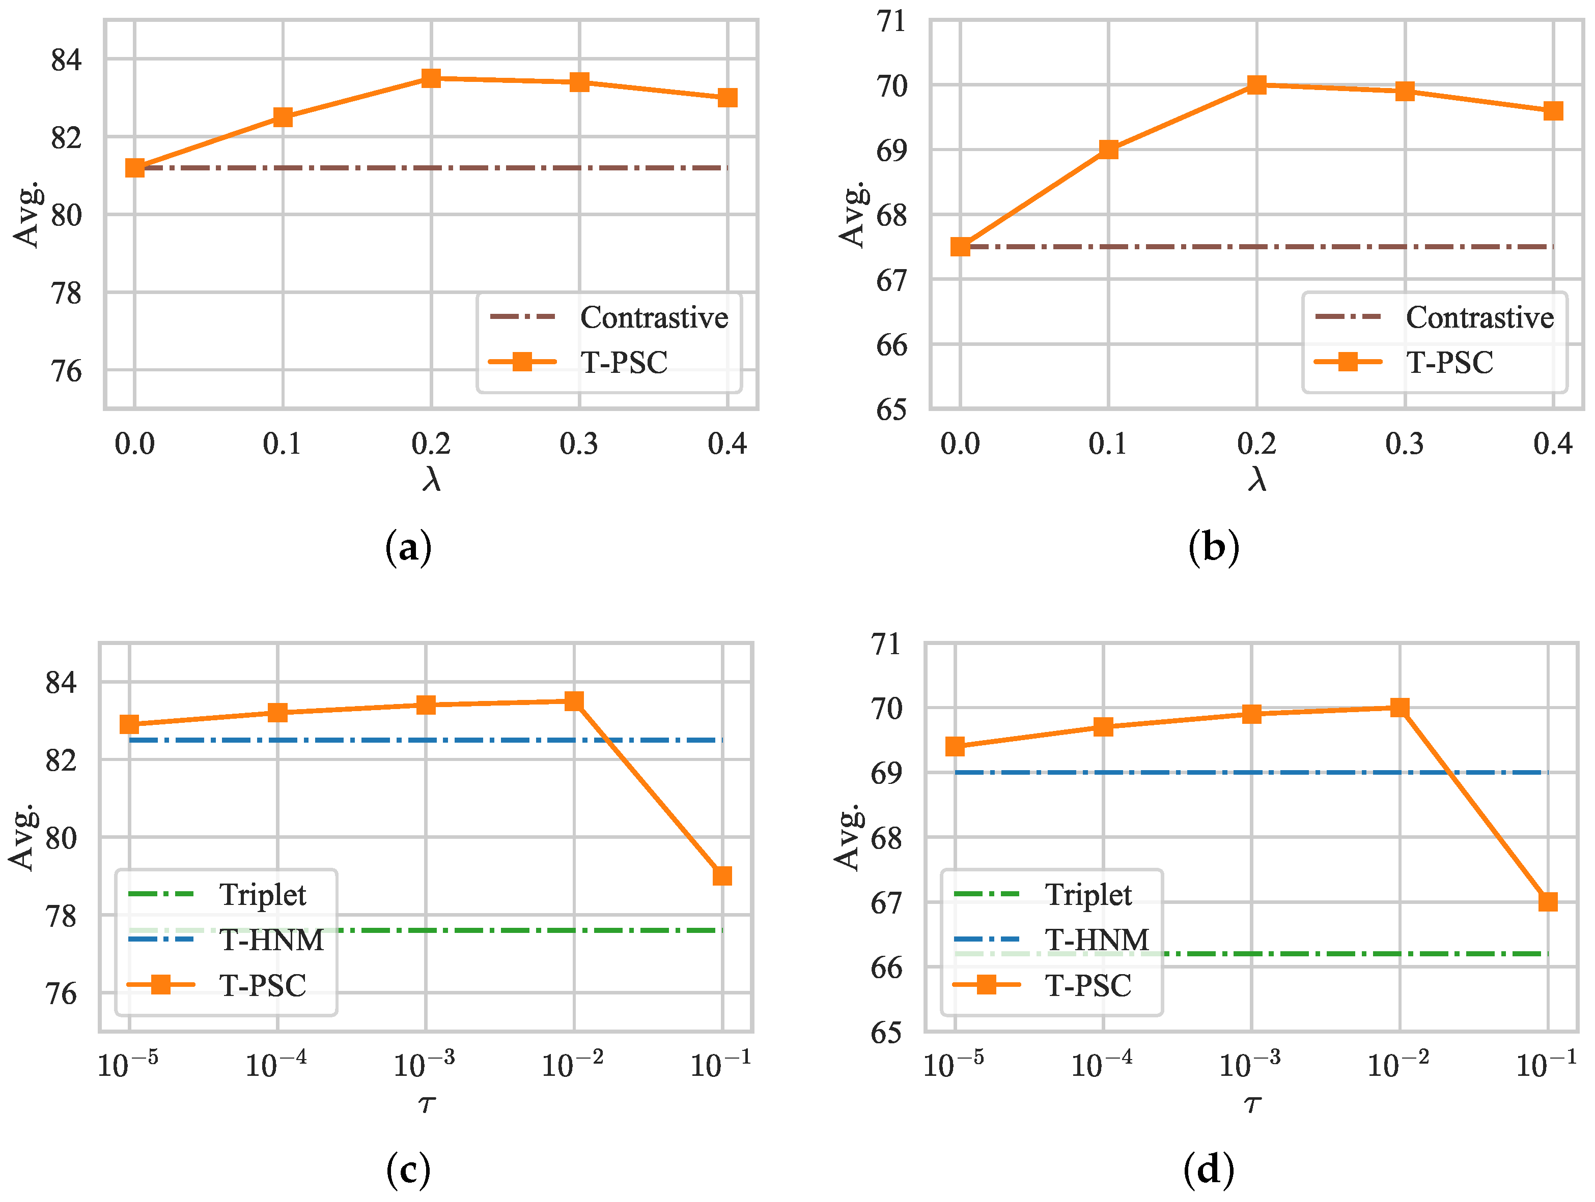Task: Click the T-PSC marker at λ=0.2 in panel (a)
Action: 431,78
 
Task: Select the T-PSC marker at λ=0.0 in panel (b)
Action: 961,246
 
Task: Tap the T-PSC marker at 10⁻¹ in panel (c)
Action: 722,875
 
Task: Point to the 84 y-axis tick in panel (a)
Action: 66,59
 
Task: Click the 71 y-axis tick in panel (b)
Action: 891,21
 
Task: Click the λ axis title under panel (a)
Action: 431,479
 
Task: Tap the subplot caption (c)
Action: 408,1170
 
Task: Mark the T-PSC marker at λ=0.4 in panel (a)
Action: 727,97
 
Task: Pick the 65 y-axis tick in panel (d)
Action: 886,1033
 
